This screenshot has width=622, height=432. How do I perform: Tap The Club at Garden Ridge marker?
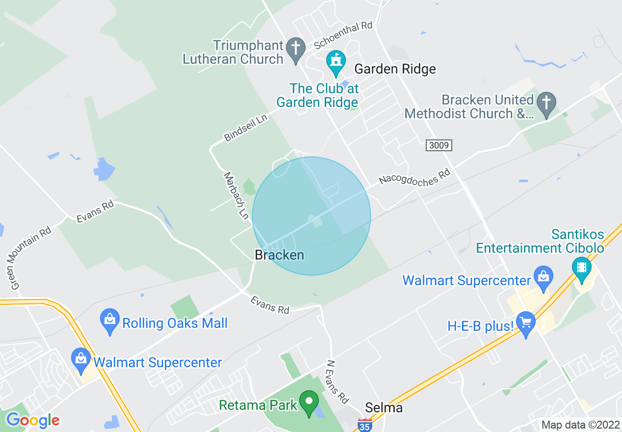(x=336, y=62)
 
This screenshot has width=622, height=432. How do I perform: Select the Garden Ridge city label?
(x=395, y=69)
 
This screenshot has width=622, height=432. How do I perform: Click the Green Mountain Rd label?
(x=30, y=257)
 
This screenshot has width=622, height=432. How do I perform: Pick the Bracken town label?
(x=279, y=255)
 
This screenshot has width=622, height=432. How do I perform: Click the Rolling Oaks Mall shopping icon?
(x=109, y=321)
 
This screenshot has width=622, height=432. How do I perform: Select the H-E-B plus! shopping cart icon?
(x=526, y=324)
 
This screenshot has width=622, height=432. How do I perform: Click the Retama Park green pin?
(x=309, y=403)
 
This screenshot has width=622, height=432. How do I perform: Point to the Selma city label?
(x=384, y=408)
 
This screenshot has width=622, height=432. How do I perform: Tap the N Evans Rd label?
(x=337, y=381)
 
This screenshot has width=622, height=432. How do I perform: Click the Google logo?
(x=33, y=420)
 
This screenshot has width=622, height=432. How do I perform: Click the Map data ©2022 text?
(x=580, y=425)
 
